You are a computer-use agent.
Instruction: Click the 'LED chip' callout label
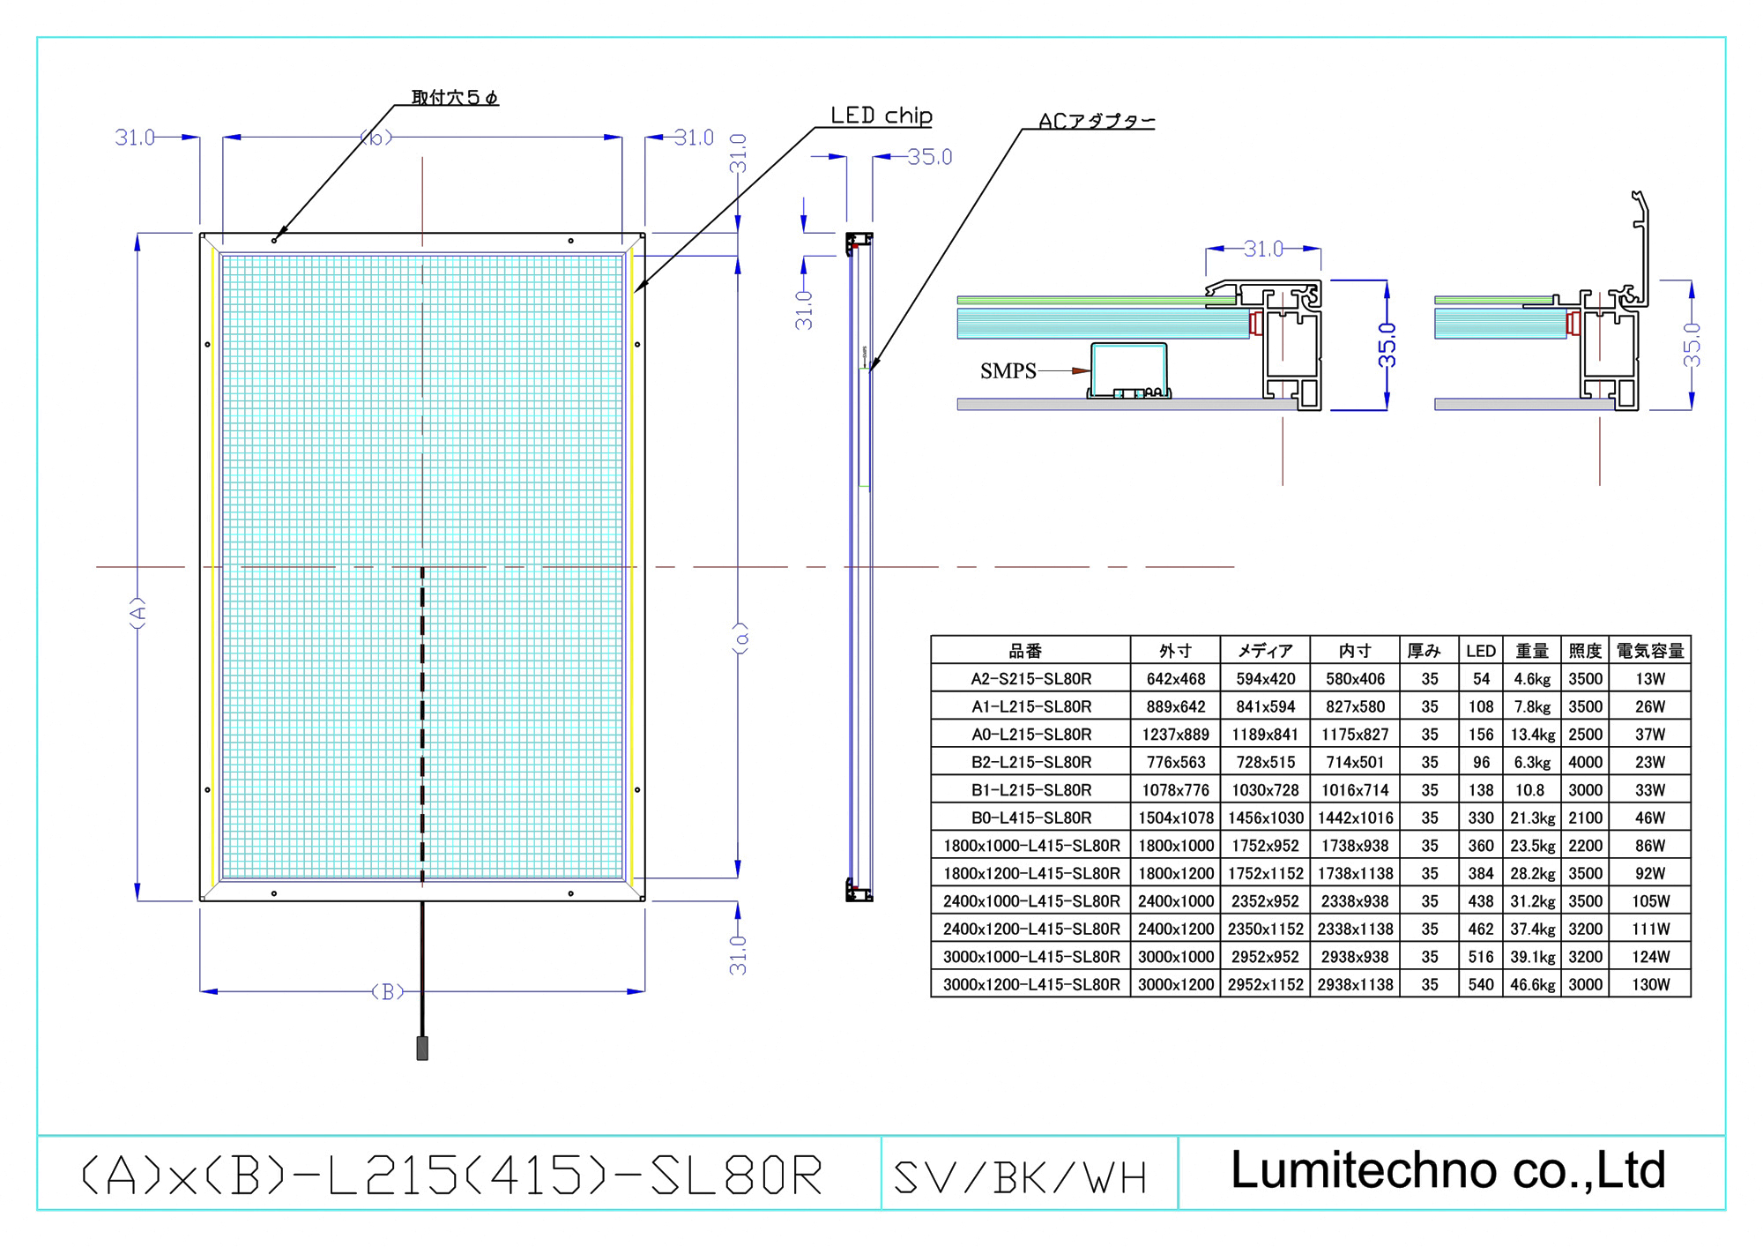tap(881, 116)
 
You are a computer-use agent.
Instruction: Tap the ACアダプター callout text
tap(1096, 121)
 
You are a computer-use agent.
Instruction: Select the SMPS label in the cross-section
tap(1008, 371)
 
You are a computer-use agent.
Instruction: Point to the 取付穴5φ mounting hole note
tap(454, 97)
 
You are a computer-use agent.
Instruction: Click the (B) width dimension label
tap(388, 992)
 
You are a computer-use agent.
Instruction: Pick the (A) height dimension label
tap(138, 612)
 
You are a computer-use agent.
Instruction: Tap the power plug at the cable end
tap(422, 1049)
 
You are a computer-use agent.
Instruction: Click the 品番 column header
tap(1025, 651)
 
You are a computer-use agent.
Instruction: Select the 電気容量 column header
tap(1649, 651)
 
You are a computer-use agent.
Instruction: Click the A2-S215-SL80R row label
tap(1030, 679)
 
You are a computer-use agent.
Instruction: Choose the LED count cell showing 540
tap(1481, 984)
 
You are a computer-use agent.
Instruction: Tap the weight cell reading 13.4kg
tap(1532, 735)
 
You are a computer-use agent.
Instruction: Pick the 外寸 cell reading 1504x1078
tap(1176, 818)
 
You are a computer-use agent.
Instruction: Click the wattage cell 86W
tap(1649, 846)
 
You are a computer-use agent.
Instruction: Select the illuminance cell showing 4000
tap(1585, 762)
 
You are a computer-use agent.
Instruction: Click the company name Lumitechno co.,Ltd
tap(1447, 1170)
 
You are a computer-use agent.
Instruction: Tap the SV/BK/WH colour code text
tap(1020, 1177)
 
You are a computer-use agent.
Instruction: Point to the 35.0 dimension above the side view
tap(929, 157)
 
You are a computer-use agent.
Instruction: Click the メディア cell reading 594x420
tap(1265, 679)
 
